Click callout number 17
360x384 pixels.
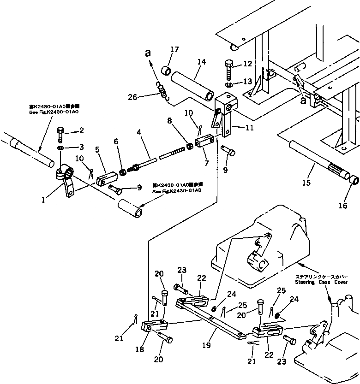[174, 50]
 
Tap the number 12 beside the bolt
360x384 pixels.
[248, 64]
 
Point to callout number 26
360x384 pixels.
[132, 97]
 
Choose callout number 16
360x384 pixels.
[343, 206]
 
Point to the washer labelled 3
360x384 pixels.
[61, 148]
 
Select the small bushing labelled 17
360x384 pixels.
[166, 71]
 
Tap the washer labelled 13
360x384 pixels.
[229, 85]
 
